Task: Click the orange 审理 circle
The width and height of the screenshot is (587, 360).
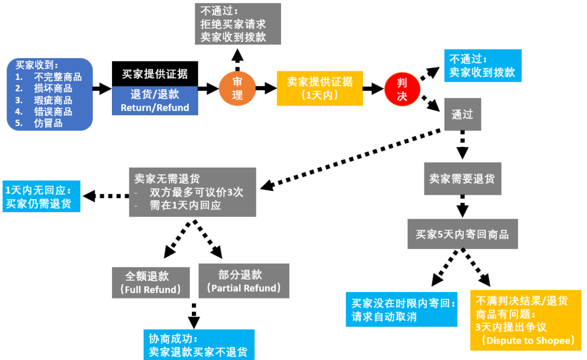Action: click(238, 88)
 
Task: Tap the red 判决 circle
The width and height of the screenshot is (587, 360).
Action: click(403, 89)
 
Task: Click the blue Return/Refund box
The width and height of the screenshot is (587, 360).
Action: click(155, 101)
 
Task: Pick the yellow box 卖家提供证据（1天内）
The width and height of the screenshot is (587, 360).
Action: click(320, 88)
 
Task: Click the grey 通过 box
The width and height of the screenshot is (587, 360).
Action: click(463, 114)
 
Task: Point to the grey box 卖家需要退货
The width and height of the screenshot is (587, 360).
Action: click(462, 179)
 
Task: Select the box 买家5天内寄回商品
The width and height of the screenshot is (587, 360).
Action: click(463, 234)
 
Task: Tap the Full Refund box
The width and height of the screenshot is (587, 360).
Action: click(151, 282)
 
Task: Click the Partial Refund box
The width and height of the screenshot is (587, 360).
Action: click(243, 281)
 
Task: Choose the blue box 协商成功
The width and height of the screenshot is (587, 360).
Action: click(199, 345)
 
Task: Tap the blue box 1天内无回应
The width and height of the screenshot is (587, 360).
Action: click(42, 197)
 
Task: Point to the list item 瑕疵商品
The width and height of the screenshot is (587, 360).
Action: click(52, 100)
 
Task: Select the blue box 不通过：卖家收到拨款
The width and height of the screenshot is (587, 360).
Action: click(482, 66)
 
